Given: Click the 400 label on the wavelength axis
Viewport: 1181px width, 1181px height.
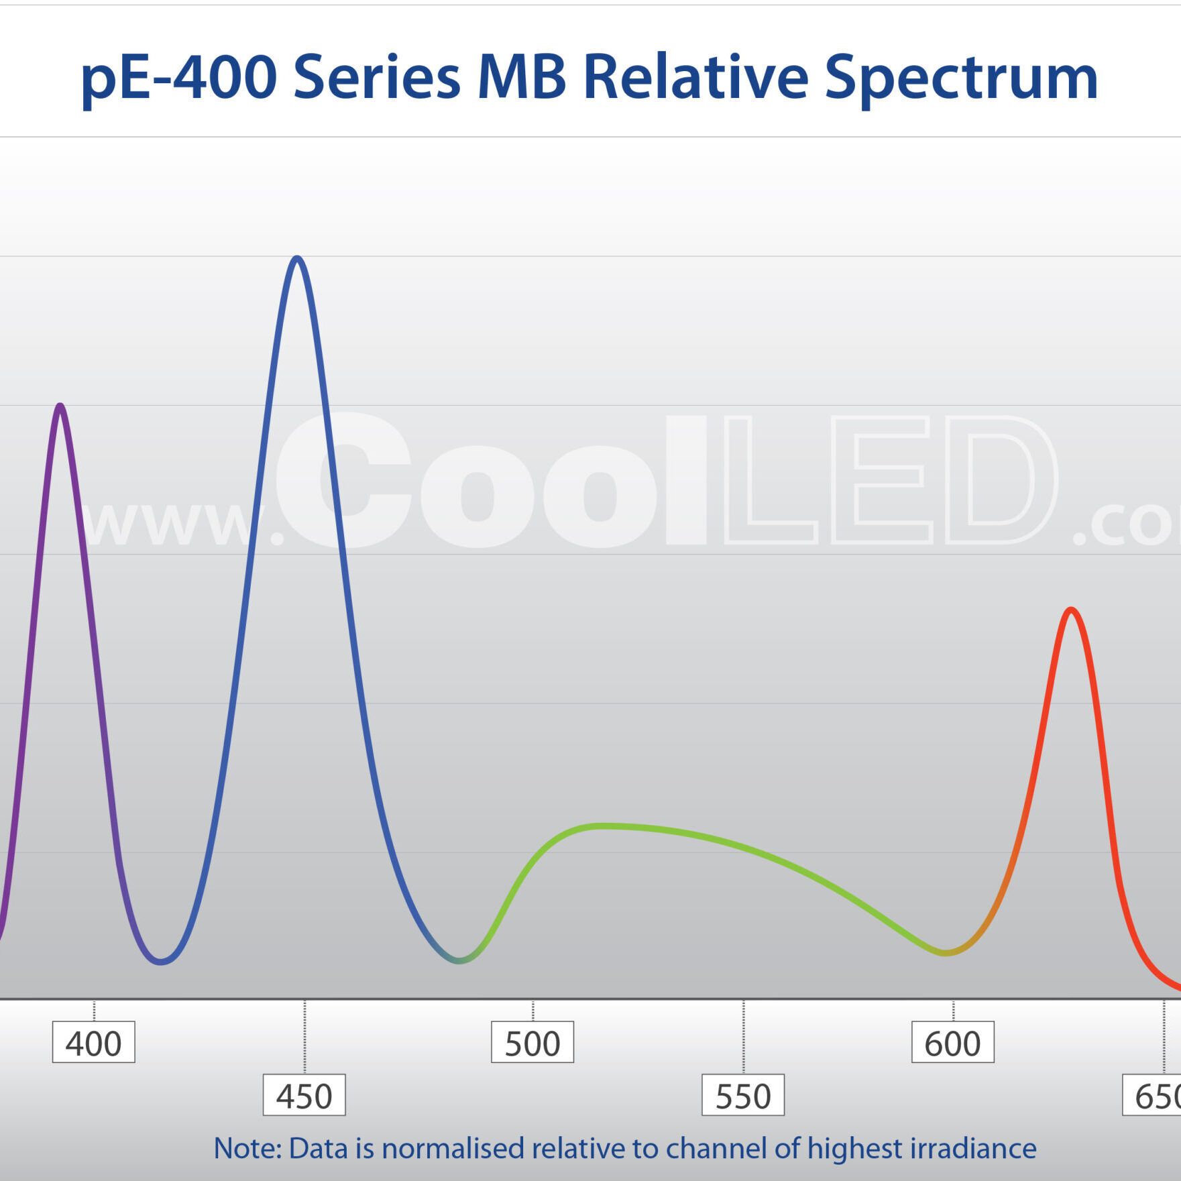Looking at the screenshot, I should pos(93,1044).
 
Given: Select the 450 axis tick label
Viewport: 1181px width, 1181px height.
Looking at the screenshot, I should pos(304,1096).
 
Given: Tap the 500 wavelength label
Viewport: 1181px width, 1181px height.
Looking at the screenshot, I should pos(532,1044).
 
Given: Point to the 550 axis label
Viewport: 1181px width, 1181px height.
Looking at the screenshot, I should pos(742,1096).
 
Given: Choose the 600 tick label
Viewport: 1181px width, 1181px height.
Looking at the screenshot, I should pos(952,1044).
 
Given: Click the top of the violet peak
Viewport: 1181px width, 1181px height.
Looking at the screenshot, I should pos(60,406).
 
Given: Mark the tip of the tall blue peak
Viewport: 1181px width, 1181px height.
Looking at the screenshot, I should pos(297,258).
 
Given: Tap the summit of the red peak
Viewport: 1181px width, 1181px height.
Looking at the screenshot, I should pos(1071,610).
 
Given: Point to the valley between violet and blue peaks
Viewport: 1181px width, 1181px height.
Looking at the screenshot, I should pos(161,962).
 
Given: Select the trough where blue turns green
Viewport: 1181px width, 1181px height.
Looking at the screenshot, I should pos(459,961).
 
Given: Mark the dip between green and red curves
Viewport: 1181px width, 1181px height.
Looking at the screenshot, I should pos(945,952).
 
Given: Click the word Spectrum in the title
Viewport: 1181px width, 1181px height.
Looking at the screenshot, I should pos(960,78).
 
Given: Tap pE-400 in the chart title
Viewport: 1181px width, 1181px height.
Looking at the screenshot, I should pos(178,78).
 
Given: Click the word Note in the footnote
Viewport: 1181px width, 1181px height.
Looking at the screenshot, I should pos(247,1148).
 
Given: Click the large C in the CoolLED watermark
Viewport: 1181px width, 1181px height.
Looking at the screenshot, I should pos(343,480).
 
